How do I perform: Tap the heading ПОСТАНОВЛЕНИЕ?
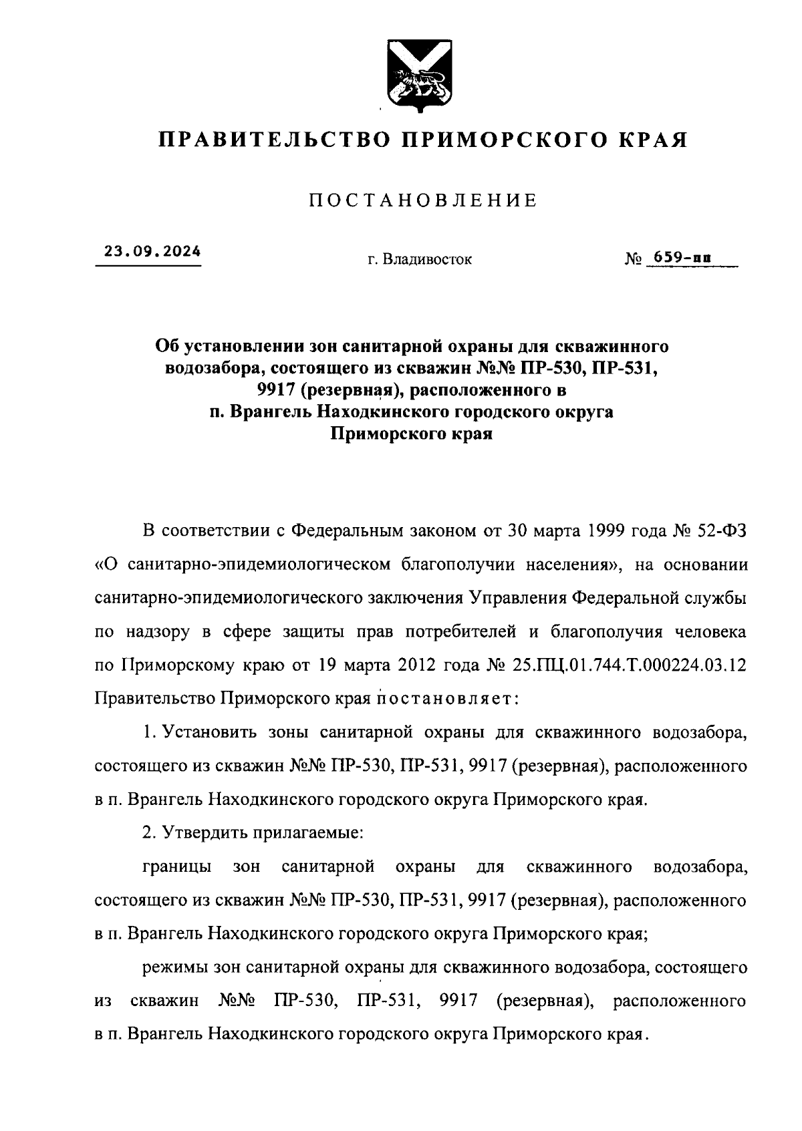point(422,200)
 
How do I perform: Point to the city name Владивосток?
point(427,259)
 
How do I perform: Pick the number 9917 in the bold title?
point(266,390)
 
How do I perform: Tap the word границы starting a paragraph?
point(177,867)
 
